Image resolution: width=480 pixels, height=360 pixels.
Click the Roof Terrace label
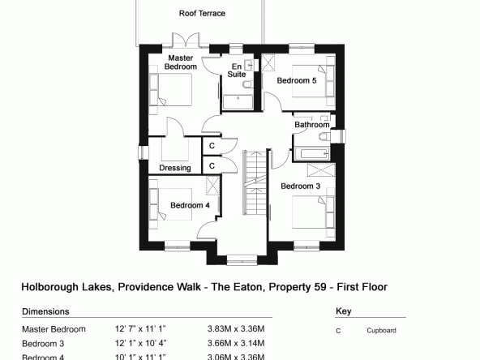[x=202, y=14]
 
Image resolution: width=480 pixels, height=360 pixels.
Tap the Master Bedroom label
[x=181, y=62]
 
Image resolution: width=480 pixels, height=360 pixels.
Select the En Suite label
[x=237, y=71]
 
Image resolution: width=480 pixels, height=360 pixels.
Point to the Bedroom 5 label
[x=296, y=80]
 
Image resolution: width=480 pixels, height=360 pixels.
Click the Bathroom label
[x=312, y=125]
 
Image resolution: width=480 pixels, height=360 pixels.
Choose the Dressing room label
[x=175, y=168]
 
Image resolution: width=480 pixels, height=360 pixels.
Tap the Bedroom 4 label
[x=190, y=205]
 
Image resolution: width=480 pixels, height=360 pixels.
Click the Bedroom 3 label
[x=300, y=186]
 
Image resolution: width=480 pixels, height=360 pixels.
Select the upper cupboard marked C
[x=212, y=146]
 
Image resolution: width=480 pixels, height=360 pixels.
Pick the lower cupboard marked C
[x=212, y=165]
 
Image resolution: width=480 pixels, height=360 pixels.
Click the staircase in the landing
[x=255, y=182]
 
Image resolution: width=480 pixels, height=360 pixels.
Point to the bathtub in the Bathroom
[x=311, y=154]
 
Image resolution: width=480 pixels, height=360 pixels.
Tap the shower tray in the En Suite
[x=238, y=102]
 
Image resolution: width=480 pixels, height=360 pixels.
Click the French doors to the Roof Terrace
[x=186, y=41]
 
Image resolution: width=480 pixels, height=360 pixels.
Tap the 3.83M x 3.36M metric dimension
[x=236, y=328]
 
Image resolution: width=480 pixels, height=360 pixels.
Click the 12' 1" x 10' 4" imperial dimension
[x=140, y=343]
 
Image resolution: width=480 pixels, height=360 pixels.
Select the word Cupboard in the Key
[x=381, y=331]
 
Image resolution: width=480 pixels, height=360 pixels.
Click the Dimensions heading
[x=45, y=311]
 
